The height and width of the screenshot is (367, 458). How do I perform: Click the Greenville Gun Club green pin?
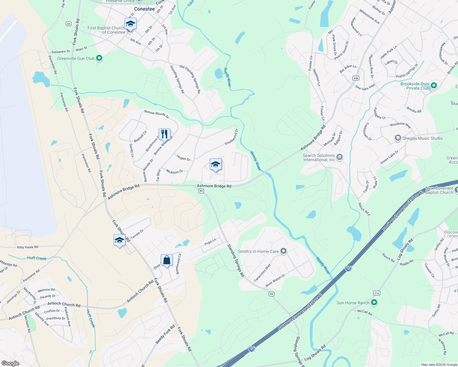[x=99, y=58]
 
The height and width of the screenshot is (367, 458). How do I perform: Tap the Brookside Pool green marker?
[x=434, y=86]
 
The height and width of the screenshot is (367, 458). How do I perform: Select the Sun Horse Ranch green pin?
[x=374, y=302]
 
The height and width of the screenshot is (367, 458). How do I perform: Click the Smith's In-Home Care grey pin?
[x=283, y=251]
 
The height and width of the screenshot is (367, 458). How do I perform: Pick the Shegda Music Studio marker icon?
[x=398, y=138]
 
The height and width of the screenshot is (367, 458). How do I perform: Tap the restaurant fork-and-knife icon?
[x=164, y=134]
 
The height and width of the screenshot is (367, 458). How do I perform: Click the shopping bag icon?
[x=167, y=261]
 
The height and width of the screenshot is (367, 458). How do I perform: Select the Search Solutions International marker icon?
[x=339, y=157]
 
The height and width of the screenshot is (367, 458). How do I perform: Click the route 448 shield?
[x=356, y=78]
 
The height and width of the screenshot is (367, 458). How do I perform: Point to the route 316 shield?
[x=377, y=293]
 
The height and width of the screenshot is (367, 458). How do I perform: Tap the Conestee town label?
[x=144, y=9]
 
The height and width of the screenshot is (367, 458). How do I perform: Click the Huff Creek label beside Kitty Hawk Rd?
[x=37, y=258]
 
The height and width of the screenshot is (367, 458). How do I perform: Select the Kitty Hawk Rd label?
[x=28, y=247]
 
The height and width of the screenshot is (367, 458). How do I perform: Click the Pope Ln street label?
[x=210, y=242]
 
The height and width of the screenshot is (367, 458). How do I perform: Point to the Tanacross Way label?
[x=262, y=273]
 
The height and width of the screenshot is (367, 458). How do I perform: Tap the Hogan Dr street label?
[x=183, y=158]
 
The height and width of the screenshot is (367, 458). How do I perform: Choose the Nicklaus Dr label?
[x=174, y=172]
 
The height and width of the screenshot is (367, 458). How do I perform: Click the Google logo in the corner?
[x=10, y=363]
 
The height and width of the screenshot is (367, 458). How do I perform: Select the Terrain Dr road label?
[x=137, y=234]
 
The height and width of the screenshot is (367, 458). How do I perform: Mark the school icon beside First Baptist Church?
[x=130, y=24]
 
